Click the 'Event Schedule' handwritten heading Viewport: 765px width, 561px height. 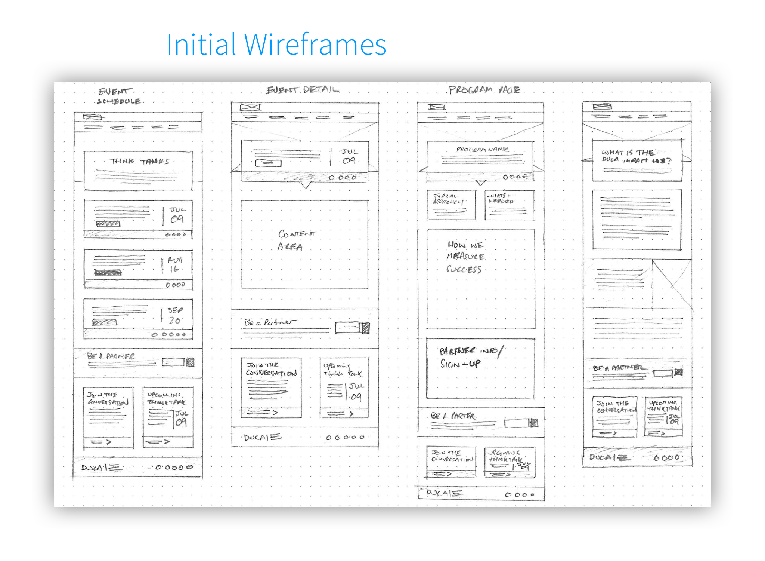pos(119,96)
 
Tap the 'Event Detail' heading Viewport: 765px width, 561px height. pos(303,90)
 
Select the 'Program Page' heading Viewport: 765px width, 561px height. pos(484,90)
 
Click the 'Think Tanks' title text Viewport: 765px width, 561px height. pos(139,162)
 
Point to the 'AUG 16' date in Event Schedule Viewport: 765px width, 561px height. pos(174,264)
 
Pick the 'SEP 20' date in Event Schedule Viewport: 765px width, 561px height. pos(174,315)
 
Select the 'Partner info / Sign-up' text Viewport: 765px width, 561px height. pos(471,357)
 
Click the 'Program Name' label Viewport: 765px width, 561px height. pos(482,150)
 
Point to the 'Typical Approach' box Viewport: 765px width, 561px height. pos(451,205)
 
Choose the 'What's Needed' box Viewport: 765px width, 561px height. pos(509,205)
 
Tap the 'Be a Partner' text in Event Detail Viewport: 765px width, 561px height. pos(269,322)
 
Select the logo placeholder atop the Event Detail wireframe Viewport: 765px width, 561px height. pos(250,107)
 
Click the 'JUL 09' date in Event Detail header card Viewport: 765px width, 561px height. pos(349,156)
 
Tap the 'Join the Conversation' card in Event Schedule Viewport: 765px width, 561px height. pos(108,417)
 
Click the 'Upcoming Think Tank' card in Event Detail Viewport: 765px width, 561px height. pos(344,387)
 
